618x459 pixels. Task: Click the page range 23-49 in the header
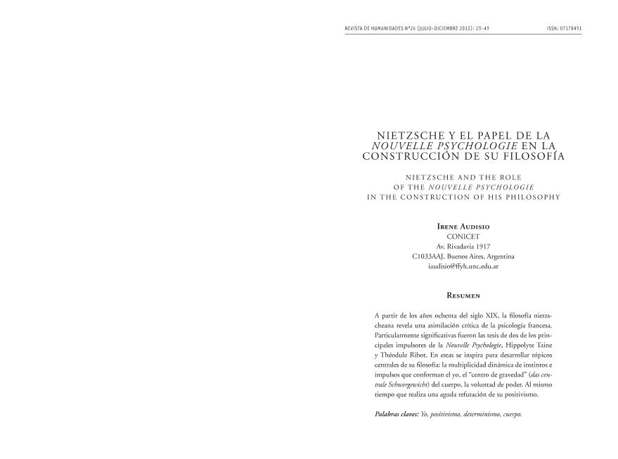479,29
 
